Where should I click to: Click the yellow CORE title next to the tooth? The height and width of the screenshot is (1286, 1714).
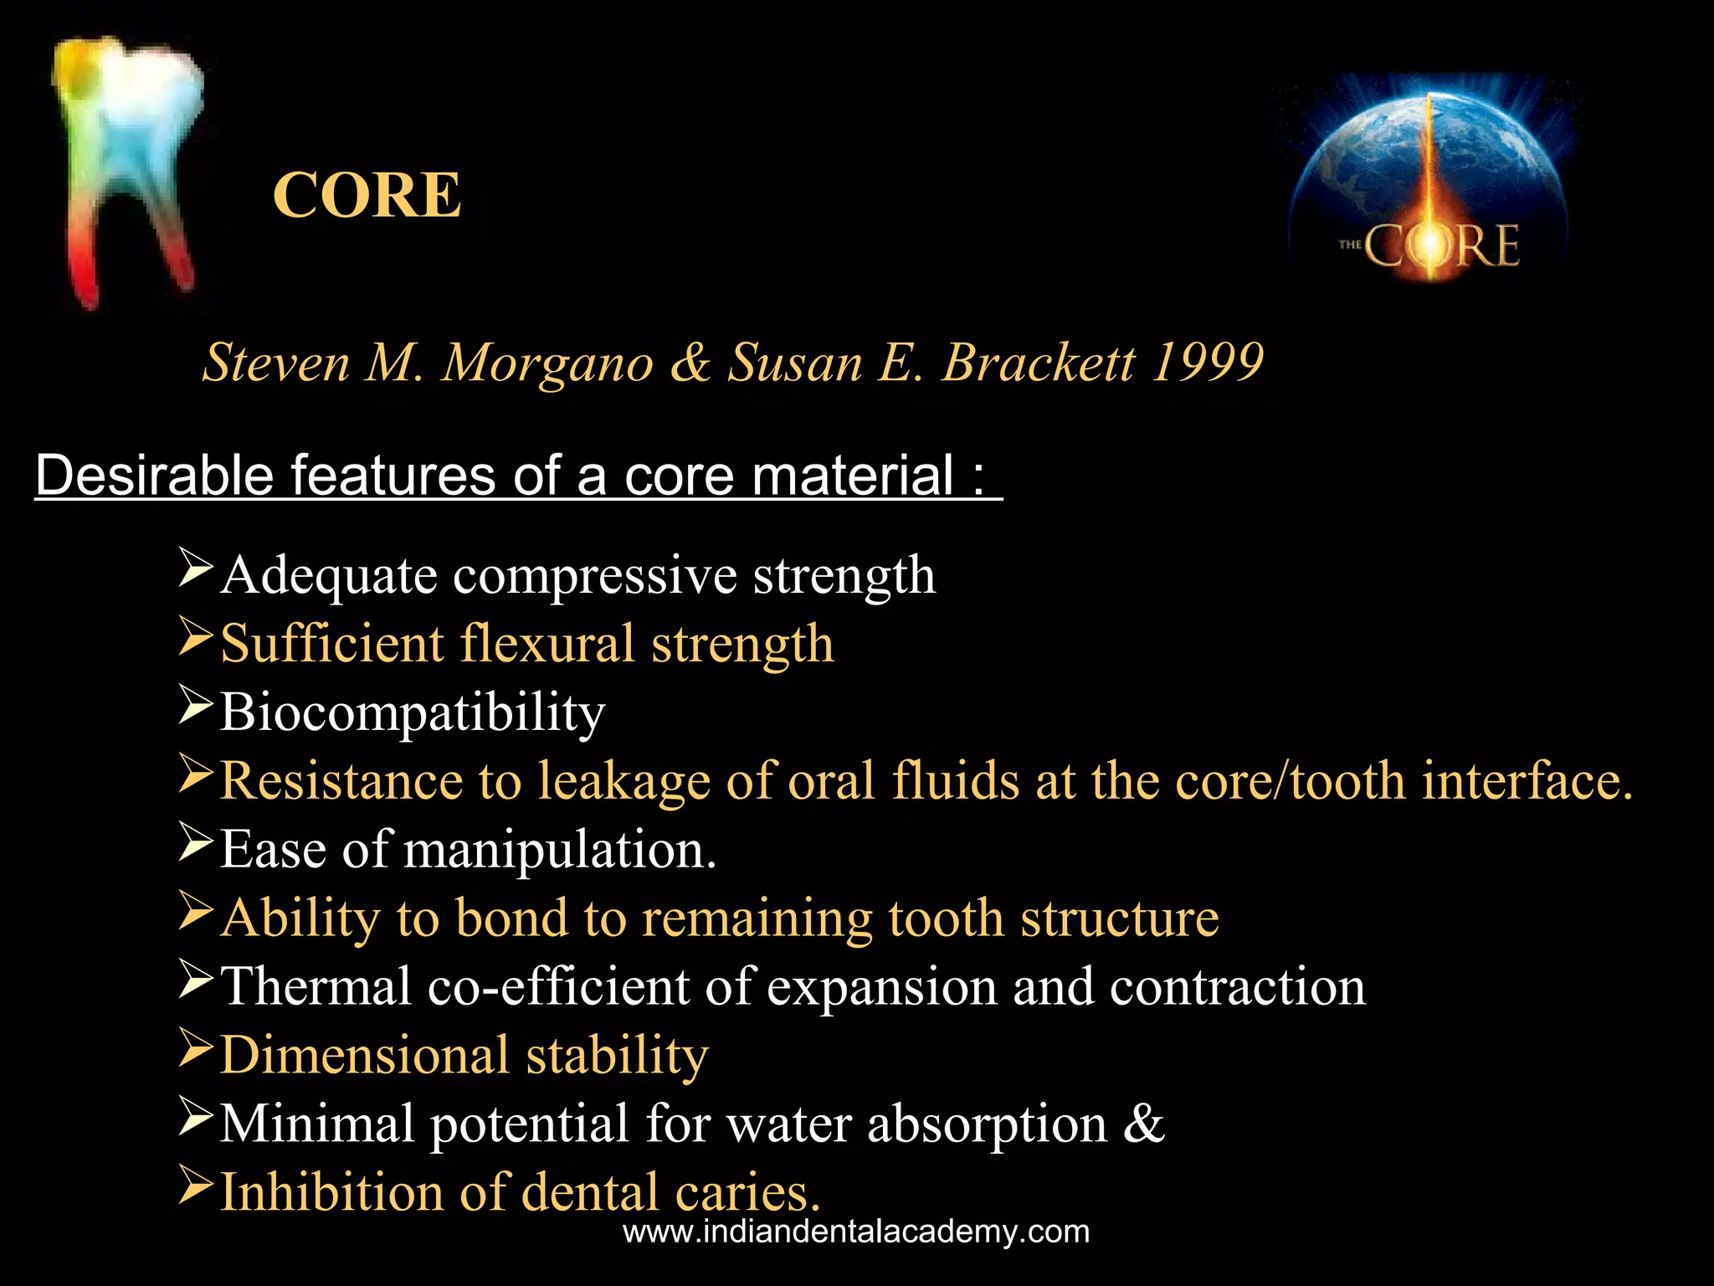[x=367, y=195]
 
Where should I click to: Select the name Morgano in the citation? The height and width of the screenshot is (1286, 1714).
[x=547, y=363]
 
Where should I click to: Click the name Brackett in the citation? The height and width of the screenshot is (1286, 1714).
[x=1039, y=363]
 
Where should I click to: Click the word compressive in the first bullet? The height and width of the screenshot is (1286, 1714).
[x=594, y=576]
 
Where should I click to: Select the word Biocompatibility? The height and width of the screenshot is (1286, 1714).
[x=413, y=712]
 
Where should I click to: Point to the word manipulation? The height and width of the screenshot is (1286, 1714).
[x=560, y=850]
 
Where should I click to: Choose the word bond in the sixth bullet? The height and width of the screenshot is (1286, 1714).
[x=511, y=918]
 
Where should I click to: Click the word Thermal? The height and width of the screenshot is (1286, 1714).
[x=316, y=986]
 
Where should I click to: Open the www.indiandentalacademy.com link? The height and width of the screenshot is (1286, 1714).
[x=856, y=1232]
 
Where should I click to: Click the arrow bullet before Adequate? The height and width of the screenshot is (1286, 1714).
[x=196, y=568]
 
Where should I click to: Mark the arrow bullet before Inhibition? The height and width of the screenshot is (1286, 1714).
[x=196, y=1186]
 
